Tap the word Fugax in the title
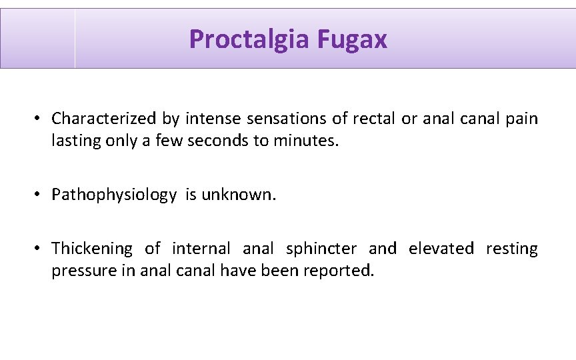(352, 39)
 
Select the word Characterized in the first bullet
(104, 119)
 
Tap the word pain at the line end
(522, 119)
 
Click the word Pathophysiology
(114, 195)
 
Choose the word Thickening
(92, 249)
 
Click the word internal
(201, 249)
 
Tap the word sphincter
(321, 249)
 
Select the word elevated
(441, 249)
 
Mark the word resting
(511, 249)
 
